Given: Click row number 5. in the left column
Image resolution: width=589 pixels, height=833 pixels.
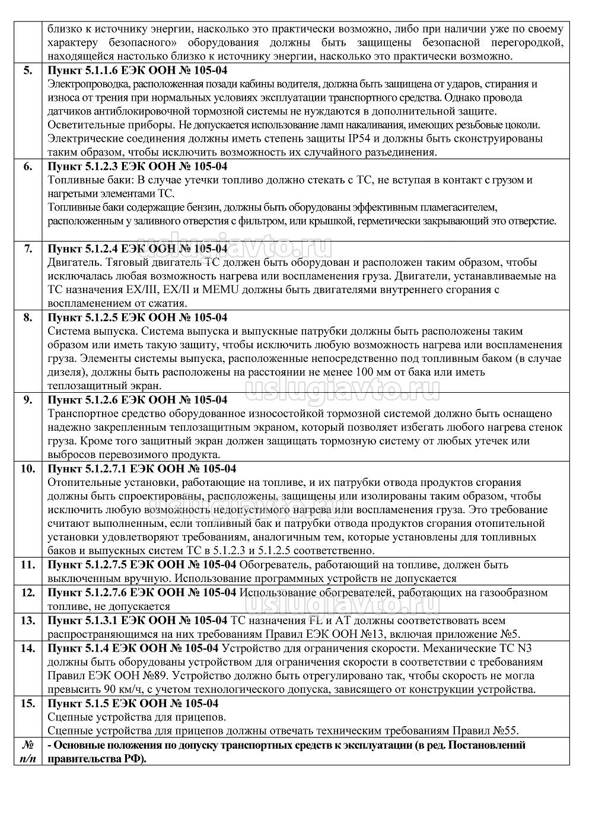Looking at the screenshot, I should click(28, 70).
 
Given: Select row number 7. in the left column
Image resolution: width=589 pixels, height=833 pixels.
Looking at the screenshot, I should click(28, 247).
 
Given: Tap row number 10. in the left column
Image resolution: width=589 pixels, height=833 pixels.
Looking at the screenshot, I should click(28, 469).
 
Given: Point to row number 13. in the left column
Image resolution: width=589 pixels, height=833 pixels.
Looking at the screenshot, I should click(28, 620).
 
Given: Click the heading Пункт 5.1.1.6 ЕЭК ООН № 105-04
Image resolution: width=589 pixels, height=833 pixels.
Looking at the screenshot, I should click(137, 70).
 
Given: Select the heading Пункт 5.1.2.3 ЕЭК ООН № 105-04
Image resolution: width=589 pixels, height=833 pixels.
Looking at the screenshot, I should click(137, 166).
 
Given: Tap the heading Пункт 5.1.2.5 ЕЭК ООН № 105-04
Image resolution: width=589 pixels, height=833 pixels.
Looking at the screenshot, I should click(137, 317).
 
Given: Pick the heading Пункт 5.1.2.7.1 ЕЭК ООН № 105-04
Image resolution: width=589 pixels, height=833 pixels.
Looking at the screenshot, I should click(142, 469).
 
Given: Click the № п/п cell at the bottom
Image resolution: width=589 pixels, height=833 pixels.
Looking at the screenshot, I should click(28, 751).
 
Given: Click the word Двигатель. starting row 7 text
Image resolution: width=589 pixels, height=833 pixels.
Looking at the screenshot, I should click(69, 262).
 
